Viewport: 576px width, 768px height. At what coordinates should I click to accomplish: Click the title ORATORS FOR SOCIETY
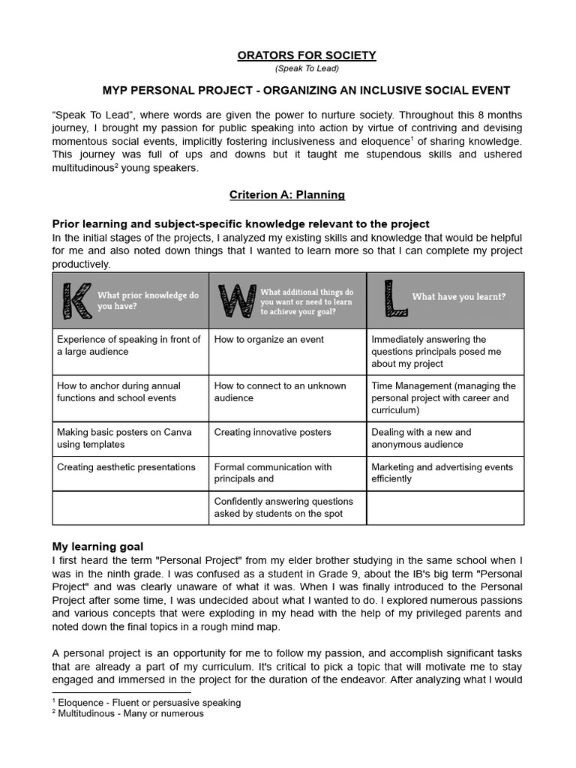coord(306,55)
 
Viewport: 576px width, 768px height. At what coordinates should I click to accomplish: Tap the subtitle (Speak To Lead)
coord(306,69)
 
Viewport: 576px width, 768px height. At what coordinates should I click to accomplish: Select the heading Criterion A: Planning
coord(287,195)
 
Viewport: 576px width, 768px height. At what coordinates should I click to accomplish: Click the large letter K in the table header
coord(74,300)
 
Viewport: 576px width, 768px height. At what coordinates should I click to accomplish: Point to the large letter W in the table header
coord(235,300)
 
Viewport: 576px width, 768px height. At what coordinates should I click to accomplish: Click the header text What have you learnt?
coord(458,296)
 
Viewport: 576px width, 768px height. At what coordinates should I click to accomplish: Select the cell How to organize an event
coord(269,340)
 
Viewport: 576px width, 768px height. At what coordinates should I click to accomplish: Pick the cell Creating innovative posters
coord(272,433)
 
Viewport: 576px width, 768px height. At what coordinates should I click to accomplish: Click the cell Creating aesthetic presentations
coord(126,467)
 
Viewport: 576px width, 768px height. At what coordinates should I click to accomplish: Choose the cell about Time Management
coord(444,397)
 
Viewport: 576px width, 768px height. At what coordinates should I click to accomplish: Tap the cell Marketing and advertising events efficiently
coord(442,472)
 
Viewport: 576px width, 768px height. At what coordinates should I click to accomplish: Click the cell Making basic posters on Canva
coord(124,438)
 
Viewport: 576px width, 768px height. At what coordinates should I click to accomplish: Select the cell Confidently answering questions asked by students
coord(283,508)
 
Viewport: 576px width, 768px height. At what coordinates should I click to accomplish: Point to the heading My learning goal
coord(97,546)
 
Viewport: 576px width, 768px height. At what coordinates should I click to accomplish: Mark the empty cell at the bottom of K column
coord(130,508)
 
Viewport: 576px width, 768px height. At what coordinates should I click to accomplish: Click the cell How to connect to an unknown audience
coord(280,391)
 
